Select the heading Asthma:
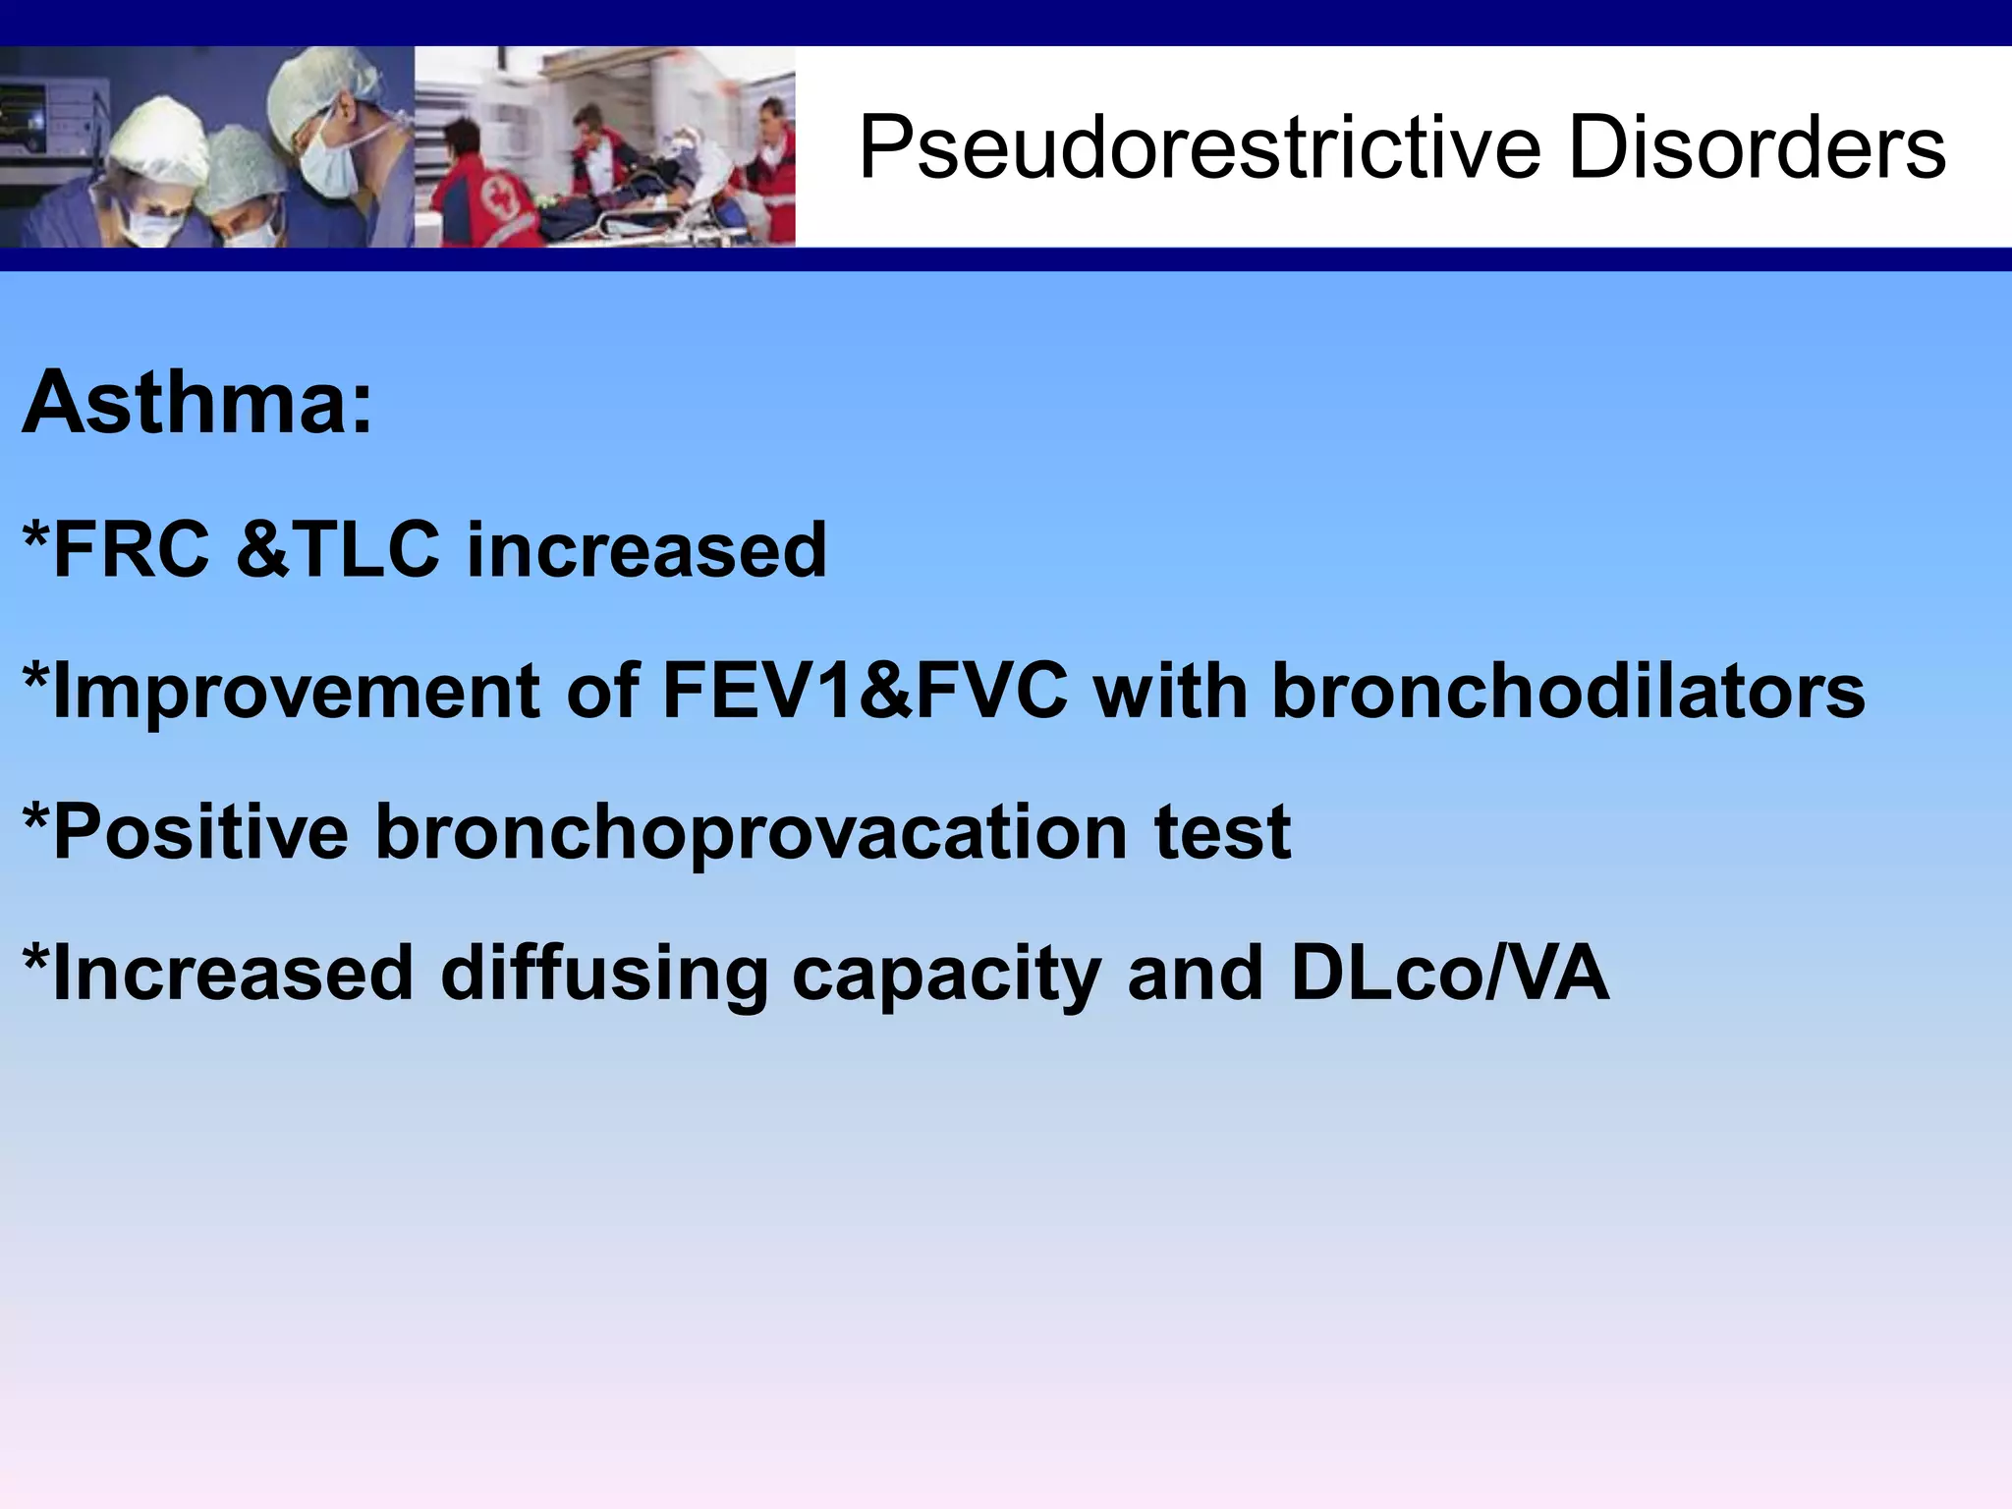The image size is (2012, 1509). [x=197, y=403]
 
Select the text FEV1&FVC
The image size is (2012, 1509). [x=865, y=692]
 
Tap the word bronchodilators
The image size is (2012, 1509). [x=1568, y=692]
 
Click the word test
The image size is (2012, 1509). [x=1222, y=832]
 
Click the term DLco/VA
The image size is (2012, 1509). [x=1449, y=974]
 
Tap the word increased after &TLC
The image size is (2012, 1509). [x=646, y=549]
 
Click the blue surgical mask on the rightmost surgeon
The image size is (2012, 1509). [x=329, y=163]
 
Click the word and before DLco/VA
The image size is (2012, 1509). [x=1195, y=974]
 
